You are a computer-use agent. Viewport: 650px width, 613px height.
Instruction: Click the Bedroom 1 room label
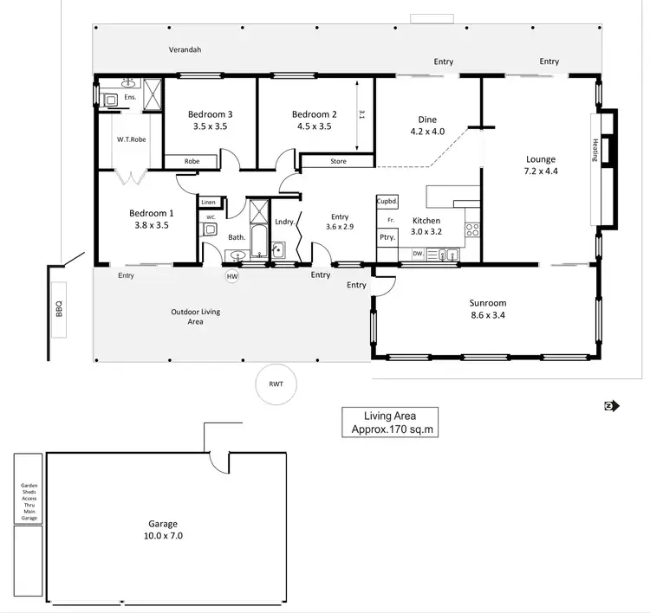(x=152, y=213)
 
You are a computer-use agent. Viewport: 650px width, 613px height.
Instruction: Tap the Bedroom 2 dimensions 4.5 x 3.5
(x=314, y=126)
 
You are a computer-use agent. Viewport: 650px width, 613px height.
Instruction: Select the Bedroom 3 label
(x=211, y=114)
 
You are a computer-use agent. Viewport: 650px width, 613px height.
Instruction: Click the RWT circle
(x=276, y=383)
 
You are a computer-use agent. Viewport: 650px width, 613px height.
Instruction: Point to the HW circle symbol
(x=231, y=277)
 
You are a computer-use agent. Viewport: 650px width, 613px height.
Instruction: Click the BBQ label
(x=60, y=308)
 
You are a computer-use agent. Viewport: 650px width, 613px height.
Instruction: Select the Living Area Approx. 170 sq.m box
(x=389, y=423)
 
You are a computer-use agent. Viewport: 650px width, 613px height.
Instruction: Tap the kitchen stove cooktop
(x=473, y=230)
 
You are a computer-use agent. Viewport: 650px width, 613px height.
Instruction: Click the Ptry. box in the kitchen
(x=387, y=238)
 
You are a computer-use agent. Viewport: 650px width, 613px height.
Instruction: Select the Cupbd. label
(x=387, y=202)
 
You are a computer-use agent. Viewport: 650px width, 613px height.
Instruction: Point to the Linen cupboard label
(x=209, y=203)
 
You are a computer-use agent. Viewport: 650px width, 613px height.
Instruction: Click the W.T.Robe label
(x=131, y=139)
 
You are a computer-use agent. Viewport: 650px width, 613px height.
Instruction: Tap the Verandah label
(x=185, y=49)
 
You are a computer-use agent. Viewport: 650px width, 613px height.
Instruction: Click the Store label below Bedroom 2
(x=337, y=161)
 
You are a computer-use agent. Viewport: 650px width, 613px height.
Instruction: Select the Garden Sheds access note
(x=29, y=501)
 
